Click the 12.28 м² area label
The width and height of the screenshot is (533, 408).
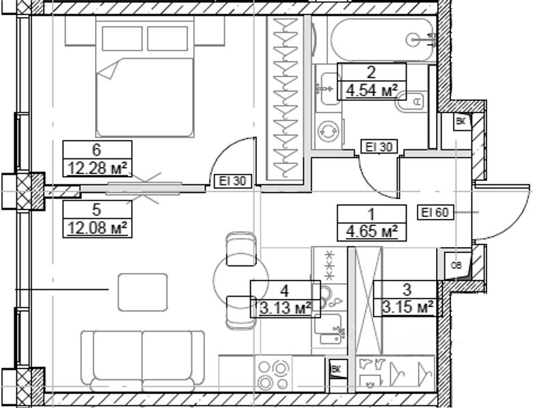point(96,168)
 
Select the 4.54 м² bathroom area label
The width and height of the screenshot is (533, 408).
point(372,90)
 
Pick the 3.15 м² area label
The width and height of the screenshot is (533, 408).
point(407,308)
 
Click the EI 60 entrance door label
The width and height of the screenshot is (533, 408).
point(435,212)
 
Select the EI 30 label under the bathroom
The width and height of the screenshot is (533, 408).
point(378,146)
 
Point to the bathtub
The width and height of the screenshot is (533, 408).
point(380,40)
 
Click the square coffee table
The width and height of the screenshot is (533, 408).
point(143,291)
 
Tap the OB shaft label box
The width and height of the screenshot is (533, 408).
point(455,264)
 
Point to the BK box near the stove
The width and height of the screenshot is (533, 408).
point(336,369)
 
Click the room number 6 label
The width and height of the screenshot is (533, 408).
point(96,150)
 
